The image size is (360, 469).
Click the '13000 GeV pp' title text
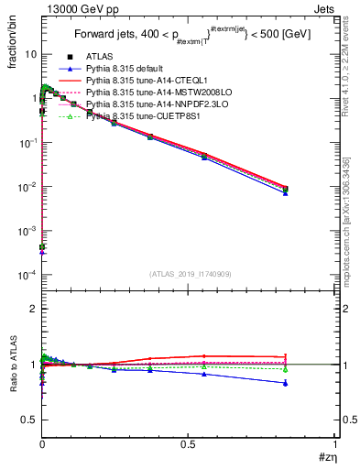(x=75, y=9)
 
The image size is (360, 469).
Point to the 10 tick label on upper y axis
(x=30, y=54)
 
